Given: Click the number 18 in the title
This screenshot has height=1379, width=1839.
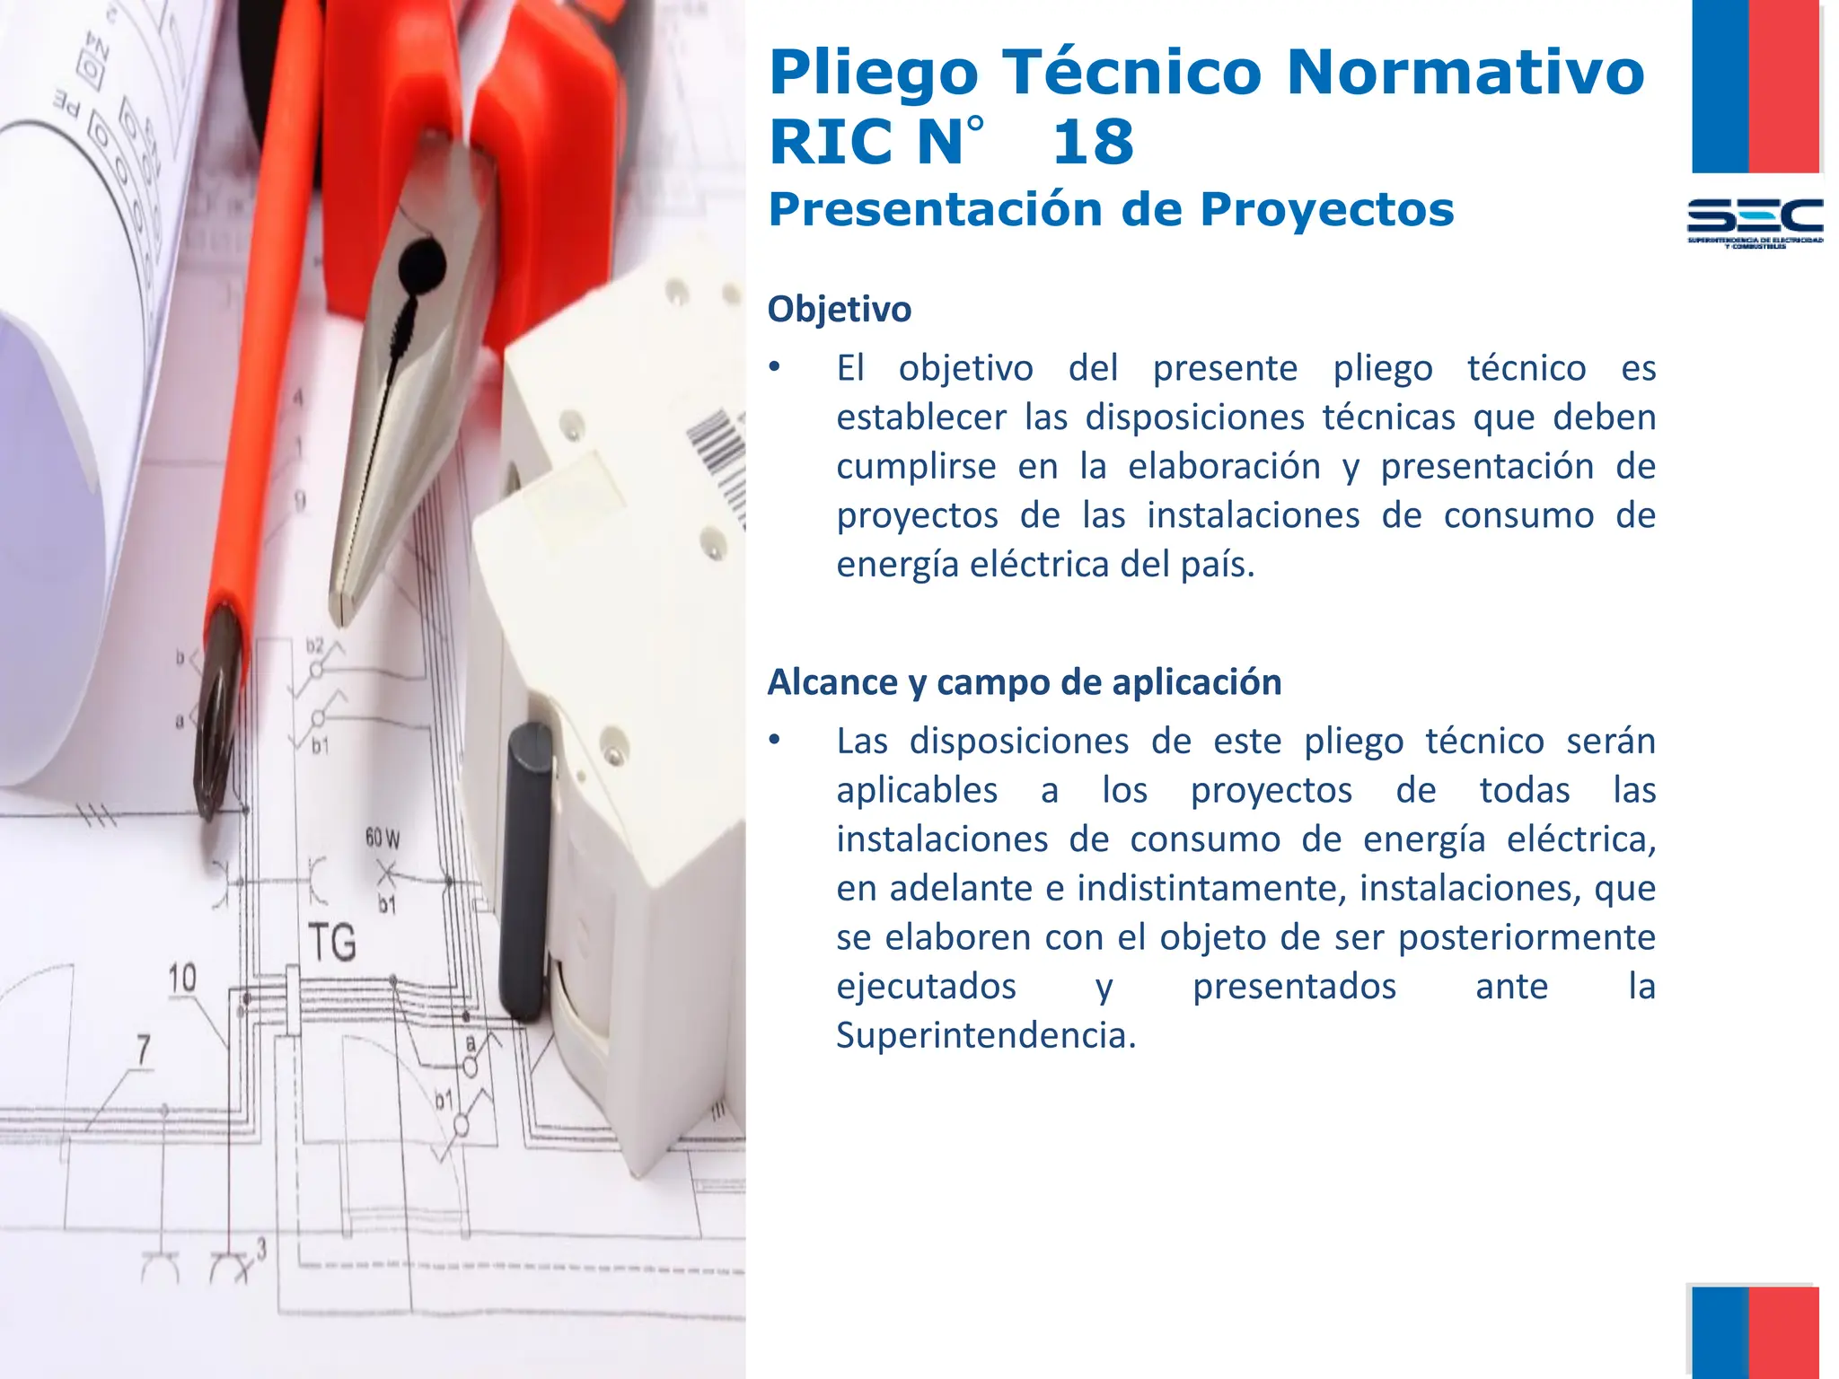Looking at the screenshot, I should (1093, 142).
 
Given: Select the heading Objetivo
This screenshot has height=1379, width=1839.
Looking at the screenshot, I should (839, 309).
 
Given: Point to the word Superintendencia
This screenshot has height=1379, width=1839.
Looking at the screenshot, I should (985, 1035).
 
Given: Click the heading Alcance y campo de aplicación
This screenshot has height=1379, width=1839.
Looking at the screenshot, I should (1024, 682).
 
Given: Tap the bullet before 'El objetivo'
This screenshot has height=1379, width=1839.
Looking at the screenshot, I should (774, 367).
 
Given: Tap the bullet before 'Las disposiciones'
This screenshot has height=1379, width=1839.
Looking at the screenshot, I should (774, 741).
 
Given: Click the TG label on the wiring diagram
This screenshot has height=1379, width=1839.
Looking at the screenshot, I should (331, 942).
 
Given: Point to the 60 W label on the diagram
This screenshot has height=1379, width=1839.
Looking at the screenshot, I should (383, 838).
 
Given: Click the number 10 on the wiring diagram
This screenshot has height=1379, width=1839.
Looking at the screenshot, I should (182, 977).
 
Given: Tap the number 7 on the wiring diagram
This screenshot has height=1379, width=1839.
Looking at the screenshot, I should (144, 1049).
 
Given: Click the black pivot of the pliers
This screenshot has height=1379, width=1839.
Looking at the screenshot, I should (420, 263).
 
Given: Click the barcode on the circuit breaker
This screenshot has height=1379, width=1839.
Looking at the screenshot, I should (718, 458).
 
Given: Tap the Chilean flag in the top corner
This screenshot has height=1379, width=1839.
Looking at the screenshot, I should (1755, 86).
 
